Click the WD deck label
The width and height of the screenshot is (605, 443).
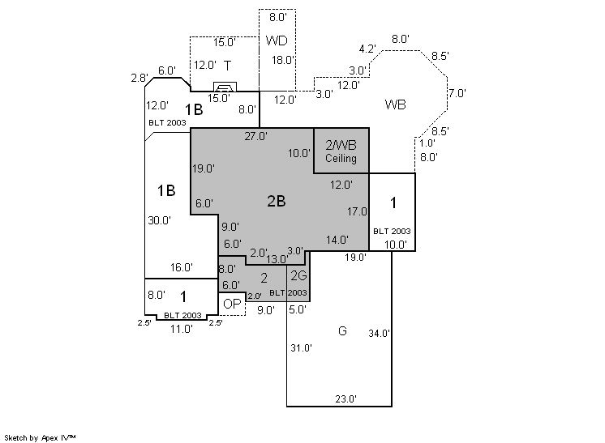pyautogui.click(x=277, y=40)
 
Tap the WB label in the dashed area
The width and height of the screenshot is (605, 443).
pyautogui.click(x=395, y=104)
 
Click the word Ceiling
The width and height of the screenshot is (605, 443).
pyautogui.click(x=341, y=159)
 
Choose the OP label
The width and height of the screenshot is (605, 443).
pyautogui.click(x=232, y=304)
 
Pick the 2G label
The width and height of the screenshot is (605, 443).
pyautogui.click(x=298, y=276)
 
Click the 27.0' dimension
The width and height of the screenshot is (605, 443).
pyautogui.click(x=256, y=136)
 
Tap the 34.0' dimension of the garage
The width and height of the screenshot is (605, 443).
pyautogui.click(x=380, y=333)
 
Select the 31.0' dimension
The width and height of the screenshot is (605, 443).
pyautogui.click(x=302, y=348)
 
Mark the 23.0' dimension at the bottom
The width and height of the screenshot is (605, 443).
pyautogui.click(x=346, y=398)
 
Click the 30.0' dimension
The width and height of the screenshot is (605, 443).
pyautogui.click(x=159, y=220)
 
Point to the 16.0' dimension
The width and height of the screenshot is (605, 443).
pyautogui.click(x=182, y=267)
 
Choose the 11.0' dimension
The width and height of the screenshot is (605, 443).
pyautogui.click(x=181, y=329)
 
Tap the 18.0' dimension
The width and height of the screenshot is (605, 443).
pyautogui.click(x=283, y=60)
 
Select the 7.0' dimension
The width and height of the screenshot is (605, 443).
pyautogui.click(x=457, y=93)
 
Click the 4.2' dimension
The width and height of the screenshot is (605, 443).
pyautogui.click(x=367, y=49)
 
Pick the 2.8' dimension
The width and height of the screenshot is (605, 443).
pyautogui.click(x=139, y=79)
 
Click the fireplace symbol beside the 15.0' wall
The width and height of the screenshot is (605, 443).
pyautogui.click(x=224, y=87)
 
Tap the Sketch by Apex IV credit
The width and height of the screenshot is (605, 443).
pyautogui.click(x=40, y=437)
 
